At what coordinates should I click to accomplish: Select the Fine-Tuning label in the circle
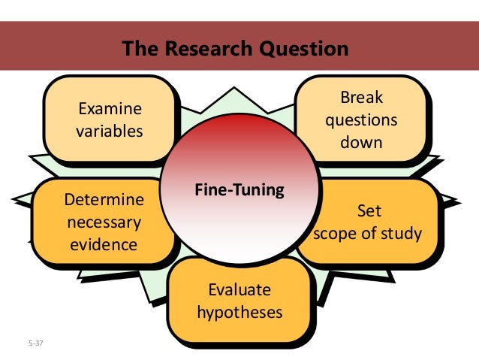pyautogui.click(x=239, y=190)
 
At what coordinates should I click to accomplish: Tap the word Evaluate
pyautogui.click(x=239, y=290)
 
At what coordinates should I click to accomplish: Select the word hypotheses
pyautogui.click(x=239, y=310)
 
